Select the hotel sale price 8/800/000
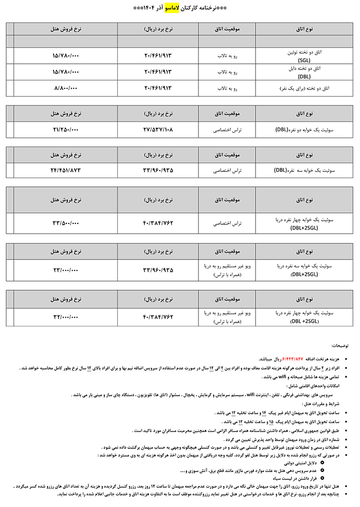(x=65, y=88)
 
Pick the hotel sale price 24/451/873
(x=65, y=169)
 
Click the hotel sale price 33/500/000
(x=65, y=223)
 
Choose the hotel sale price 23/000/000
(x=65, y=270)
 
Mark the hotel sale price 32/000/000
(x=65, y=316)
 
